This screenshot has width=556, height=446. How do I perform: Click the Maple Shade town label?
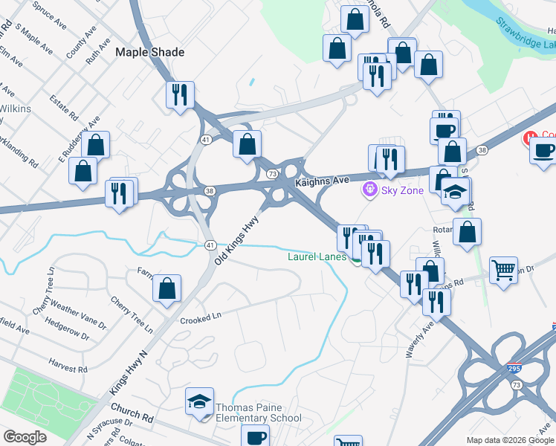(x=149, y=53)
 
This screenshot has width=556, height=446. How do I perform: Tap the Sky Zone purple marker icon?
(x=369, y=191)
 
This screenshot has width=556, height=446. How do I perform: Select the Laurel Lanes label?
(x=316, y=257)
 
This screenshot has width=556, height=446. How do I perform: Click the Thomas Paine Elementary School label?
(x=258, y=413)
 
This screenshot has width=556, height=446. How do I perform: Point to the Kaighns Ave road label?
(x=322, y=181)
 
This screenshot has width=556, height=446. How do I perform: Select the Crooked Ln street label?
(x=201, y=318)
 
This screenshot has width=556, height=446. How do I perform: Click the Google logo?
(x=25, y=437)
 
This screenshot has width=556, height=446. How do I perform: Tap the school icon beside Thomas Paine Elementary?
(x=200, y=401)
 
